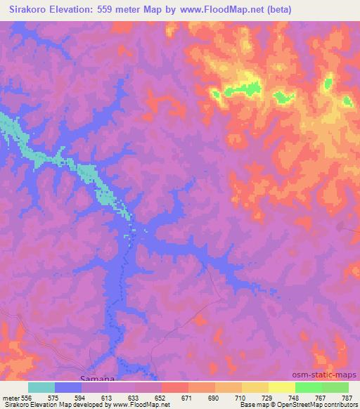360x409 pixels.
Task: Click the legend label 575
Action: click(56, 397)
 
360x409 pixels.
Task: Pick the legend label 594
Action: click(83, 397)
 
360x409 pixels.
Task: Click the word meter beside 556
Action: click(12, 397)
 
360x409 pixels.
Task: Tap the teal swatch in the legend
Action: click(41, 387)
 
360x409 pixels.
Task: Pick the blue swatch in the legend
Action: click(68, 387)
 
